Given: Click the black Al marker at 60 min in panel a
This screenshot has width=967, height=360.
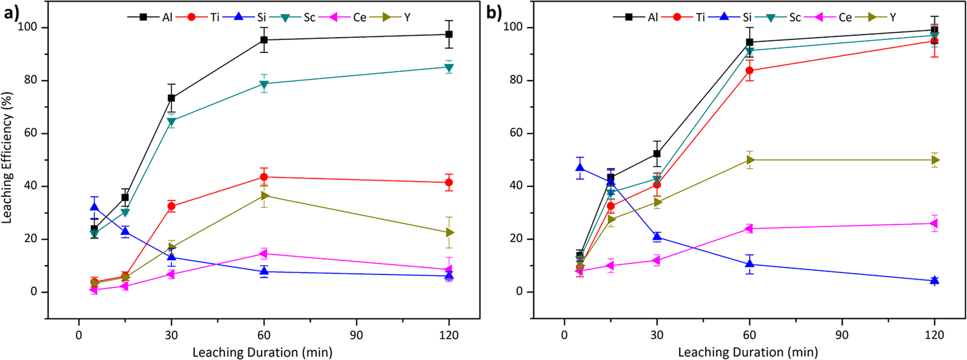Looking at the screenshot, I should [264, 40].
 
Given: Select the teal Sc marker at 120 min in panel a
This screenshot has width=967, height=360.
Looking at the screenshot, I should [449, 67].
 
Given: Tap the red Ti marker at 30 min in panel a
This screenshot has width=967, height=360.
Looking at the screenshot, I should [171, 206].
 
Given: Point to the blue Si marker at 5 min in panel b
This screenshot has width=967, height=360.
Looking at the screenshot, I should [579, 169].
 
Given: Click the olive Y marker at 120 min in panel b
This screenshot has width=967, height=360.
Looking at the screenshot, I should [935, 160].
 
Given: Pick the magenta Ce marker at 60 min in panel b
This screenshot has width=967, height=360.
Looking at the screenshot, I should [749, 229].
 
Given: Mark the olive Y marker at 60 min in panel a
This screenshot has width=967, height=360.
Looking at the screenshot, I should [264, 196].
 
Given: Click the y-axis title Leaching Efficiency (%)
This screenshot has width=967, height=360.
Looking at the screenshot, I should [9, 157].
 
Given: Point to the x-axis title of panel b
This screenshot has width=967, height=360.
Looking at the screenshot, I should [747, 352].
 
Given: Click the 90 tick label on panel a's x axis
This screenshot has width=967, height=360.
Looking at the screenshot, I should [356, 335].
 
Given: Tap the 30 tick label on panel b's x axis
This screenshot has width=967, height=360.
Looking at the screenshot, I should [657, 335].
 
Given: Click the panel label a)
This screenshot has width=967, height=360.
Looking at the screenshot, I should [12, 12].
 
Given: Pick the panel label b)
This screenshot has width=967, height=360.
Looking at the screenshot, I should [496, 12].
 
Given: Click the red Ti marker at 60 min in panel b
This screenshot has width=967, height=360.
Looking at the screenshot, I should [749, 71].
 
